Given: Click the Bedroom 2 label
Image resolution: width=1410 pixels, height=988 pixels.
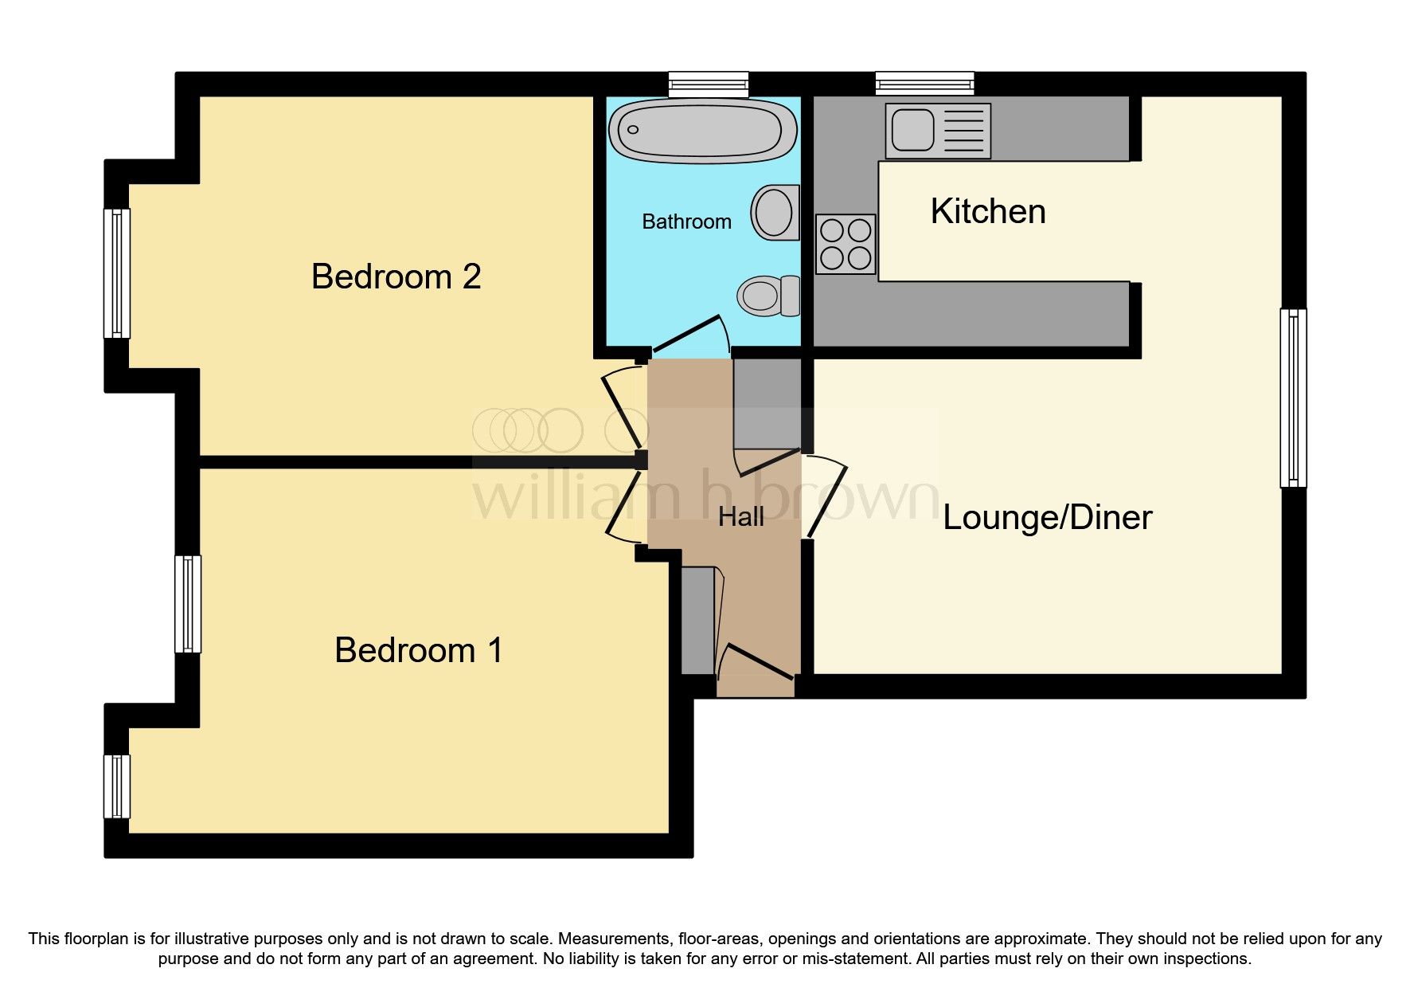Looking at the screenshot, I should coord(396,276).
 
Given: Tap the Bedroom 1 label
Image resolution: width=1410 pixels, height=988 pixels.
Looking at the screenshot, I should coord(418,650).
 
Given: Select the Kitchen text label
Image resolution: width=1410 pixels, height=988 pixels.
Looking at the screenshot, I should coord(987,211).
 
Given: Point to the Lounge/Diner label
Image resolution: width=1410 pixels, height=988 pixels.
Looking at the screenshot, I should coord(1047,518).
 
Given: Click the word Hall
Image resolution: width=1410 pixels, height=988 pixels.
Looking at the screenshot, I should coord(740,517).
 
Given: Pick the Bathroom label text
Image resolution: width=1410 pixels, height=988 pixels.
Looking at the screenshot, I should coord(686,222).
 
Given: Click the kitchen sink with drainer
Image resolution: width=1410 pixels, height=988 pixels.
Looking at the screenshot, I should coord(938,131).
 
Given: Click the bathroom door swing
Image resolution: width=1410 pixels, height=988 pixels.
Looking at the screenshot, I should coord(691,335).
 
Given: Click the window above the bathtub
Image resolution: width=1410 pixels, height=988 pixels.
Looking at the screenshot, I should coord(709,84).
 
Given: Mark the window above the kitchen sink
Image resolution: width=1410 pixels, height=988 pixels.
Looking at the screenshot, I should coord(924,84).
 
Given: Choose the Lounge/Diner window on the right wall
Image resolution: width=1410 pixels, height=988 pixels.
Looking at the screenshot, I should coord(1293,398).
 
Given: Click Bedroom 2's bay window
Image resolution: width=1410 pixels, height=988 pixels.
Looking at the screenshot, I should coord(117,273).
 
